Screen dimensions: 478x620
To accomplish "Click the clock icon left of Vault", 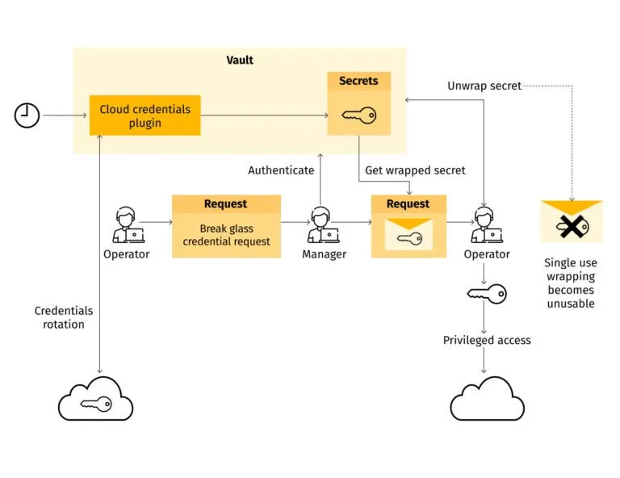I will coord(27,115).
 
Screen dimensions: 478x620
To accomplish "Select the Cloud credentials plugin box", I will coord(145,115).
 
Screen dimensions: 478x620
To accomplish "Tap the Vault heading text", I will coord(239,61).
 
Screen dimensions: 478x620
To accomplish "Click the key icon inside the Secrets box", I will coord(358,115).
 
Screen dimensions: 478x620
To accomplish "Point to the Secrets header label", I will coord(358,82).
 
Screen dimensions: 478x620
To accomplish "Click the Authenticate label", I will coord(281,170).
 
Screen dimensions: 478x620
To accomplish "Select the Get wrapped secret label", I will coord(415,170).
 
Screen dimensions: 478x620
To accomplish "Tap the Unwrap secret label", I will coord(484,86).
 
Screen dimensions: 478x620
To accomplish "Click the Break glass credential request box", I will coord(226,235).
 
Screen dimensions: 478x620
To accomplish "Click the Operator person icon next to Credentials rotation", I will coord(126,226).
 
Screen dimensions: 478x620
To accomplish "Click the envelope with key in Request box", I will coord(408,238).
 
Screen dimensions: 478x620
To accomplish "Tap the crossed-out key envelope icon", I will coord(572,222).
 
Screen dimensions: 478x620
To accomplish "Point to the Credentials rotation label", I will coord(63,317).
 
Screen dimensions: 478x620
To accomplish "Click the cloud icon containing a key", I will coord(96,397).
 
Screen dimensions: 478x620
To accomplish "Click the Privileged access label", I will coord(487,340).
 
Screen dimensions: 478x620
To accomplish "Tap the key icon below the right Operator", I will coord(487,294).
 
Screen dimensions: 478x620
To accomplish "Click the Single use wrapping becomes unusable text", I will coord(571,283).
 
